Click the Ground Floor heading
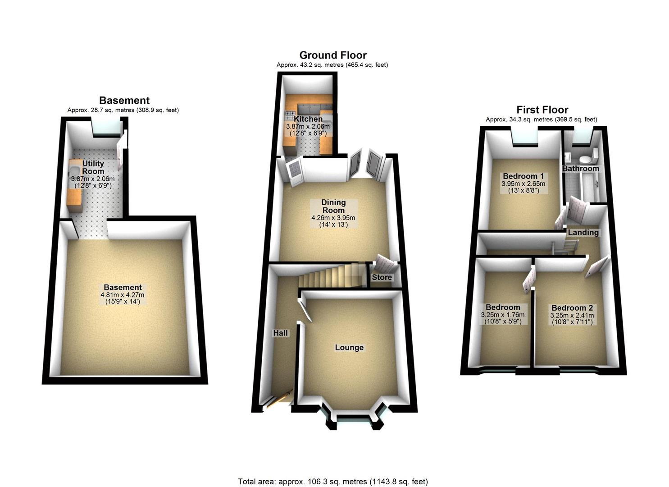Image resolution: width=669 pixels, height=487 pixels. click(333, 55)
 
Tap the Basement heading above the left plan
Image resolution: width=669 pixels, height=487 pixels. click(124, 101)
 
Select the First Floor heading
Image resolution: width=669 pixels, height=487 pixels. click(542, 110)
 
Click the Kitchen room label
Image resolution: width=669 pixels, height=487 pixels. click(308, 119)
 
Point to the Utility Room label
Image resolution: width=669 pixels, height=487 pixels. click(93, 167)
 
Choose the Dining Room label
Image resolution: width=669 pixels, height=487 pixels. click(333, 206)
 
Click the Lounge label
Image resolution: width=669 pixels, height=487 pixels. click(349, 347)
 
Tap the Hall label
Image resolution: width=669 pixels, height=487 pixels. click(281, 333)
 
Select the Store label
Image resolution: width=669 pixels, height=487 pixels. click(382, 277)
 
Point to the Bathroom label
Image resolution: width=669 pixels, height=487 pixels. click(580, 168)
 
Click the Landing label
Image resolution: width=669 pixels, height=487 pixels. click(583, 232)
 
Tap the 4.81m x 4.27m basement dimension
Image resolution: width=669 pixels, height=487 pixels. click(123, 295)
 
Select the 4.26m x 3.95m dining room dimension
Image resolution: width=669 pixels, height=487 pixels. click(333, 218)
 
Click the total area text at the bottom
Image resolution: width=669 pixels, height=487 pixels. click(333, 482)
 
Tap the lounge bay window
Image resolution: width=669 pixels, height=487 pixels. click(352, 422)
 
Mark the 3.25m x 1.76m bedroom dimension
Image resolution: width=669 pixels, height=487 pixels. click(503, 315)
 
